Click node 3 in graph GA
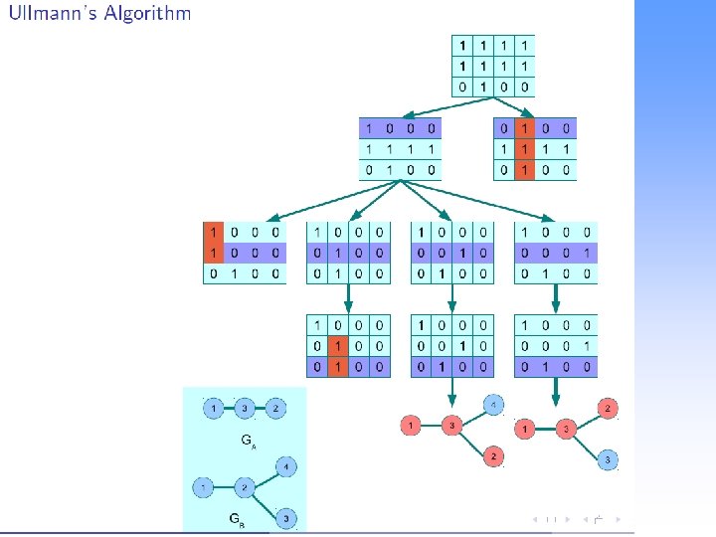coord(246,408)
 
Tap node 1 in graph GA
coord(214,408)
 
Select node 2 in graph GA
coord(277,408)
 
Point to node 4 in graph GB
coord(285,465)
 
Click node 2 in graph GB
coord(245,487)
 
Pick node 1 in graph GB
coord(204,487)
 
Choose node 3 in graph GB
coord(285,518)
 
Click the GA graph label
coord(246,439)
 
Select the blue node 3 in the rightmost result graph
coord(609,459)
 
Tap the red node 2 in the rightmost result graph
coord(609,408)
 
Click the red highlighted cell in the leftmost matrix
coord(213,242)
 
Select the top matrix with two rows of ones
coord(493,66)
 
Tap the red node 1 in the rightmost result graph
coord(525,429)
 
